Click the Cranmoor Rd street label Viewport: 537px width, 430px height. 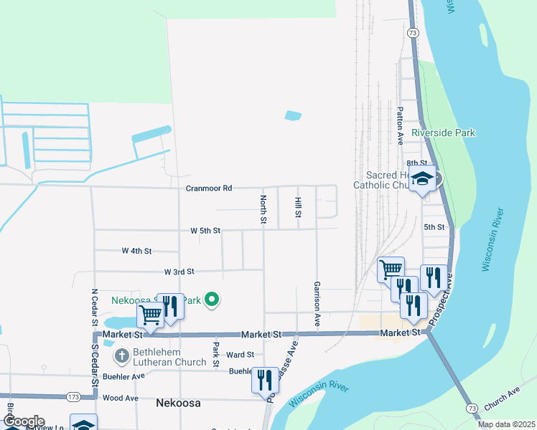pyautogui.click(x=209, y=188)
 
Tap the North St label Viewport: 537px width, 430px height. pyautogui.click(x=263, y=209)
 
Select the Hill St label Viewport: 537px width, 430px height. pyautogui.click(x=297, y=208)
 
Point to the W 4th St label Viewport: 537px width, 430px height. pyautogui.click(x=136, y=251)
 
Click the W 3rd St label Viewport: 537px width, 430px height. pyautogui.click(x=179, y=272)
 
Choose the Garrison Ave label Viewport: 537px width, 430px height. pyautogui.click(x=317, y=304)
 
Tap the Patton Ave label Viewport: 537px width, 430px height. pyautogui.click(x=401, y=125)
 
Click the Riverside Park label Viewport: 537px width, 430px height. pyautogui.click(x=444, y=133)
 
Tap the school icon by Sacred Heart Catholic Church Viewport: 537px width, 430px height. pyautogui.click(x=423, y=179)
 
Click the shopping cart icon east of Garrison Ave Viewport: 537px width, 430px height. pyautogui.click(x=391, y=269)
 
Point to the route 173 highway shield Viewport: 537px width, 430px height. pyautogui.click(x=73, y=396)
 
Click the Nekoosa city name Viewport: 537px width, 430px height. pyautogui.click(x=177, y=403)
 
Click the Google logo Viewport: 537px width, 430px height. pyautogui.click(x=23, y=421)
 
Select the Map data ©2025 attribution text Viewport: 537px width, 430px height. pyautogui.click(x=506, y=424)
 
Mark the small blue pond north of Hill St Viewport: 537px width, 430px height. pyautogui.click(x=293, y=115)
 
